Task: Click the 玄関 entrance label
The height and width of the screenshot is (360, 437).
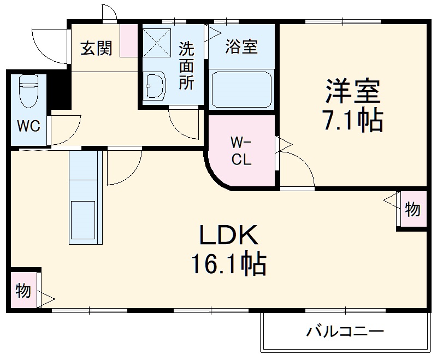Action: click(97, 48)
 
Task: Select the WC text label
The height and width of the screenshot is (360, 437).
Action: click(28, 126)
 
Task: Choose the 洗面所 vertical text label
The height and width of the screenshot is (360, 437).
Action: click(187, 66)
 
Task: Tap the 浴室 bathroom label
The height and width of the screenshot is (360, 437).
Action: click(241, 46)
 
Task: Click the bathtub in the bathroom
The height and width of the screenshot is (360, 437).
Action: click(241, 88)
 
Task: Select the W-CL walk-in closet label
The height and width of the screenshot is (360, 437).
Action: click(240, 152)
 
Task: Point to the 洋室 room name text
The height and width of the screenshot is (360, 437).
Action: click(352, 91)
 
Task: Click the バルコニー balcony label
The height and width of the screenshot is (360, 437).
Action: click(345, 331)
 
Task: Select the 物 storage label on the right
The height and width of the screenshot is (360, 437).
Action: click(413, 209)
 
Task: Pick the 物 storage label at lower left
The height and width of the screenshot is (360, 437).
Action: click(23, 291)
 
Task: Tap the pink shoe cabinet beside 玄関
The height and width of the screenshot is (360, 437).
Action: click(129, 40)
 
